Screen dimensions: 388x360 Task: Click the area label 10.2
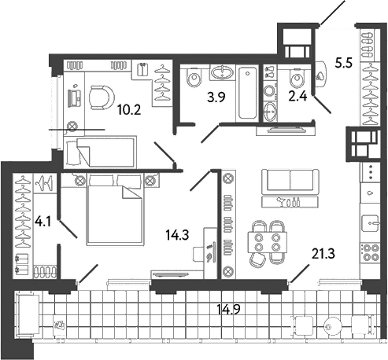129,110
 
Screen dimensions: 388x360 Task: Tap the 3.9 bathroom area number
216,97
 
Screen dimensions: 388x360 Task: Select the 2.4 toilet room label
297,97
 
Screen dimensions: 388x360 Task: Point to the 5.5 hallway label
344,63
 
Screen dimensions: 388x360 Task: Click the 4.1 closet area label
43,222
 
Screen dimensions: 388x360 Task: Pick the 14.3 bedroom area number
177,235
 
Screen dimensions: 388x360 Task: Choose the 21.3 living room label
323,254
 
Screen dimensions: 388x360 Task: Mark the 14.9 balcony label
229,310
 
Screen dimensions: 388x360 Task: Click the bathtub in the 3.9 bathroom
248,93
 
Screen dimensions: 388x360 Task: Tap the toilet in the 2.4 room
297,78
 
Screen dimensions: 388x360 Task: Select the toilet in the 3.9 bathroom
194,77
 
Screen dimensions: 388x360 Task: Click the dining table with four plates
268,242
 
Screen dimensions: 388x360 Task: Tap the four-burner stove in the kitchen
370,252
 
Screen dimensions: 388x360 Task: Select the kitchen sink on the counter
371,223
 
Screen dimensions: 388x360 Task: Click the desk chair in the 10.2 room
102,97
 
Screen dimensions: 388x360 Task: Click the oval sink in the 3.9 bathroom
222,72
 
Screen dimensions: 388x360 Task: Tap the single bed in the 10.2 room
100,152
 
